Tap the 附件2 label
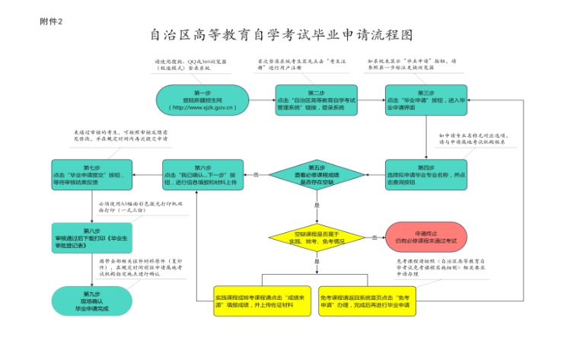point(51,21)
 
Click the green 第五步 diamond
point(316,175)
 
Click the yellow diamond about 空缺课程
point(316,237)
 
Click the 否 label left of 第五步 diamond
point(256,174)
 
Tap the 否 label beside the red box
point(375,237)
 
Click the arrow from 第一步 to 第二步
point(262,100)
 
